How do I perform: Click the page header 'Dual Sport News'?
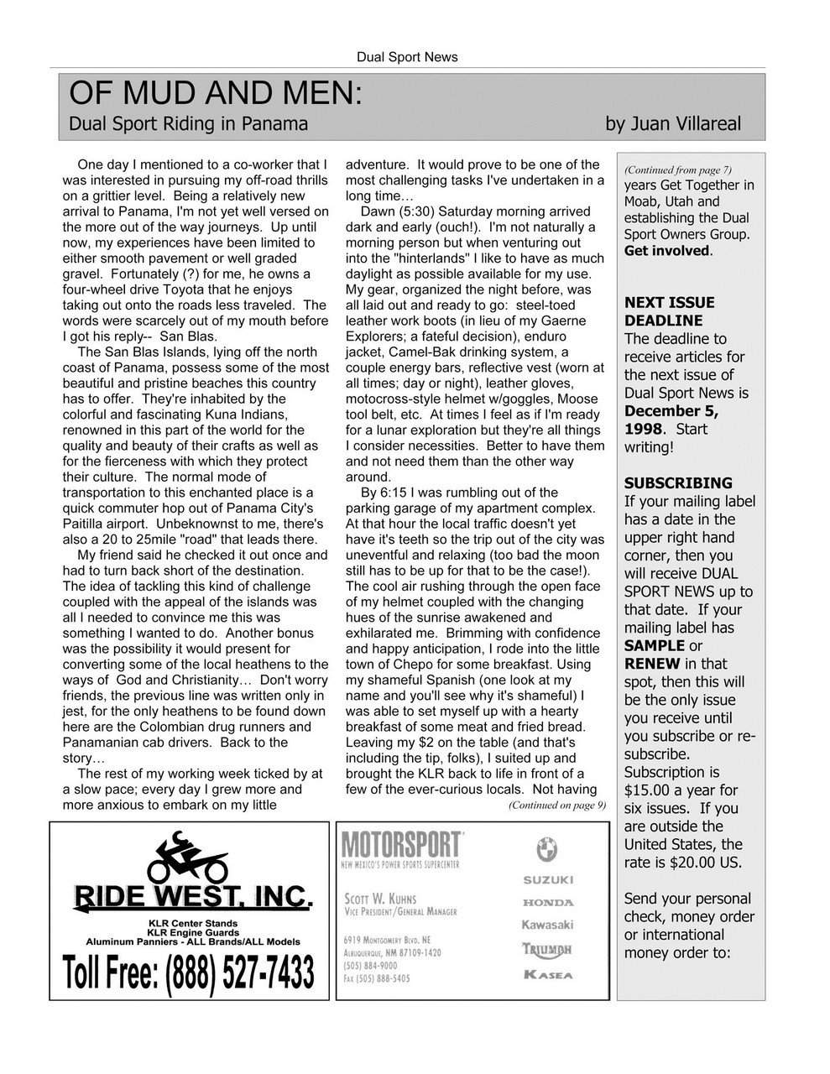407,57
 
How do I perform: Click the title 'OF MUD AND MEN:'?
215,92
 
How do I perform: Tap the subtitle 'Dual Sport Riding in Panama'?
188,124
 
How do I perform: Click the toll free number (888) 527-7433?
189,972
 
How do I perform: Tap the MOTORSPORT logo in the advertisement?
401,843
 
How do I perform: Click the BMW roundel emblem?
547,849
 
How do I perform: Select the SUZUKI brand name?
548,879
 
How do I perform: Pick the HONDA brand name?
548,902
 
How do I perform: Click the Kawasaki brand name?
548,925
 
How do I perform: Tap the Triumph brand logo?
548,949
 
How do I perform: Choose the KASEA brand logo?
548,974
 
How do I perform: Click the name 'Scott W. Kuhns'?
380,899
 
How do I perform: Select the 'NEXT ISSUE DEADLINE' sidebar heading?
669,311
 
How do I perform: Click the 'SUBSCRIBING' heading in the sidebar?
677,482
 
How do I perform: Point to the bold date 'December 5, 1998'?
671,420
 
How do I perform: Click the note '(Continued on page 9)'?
556,805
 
